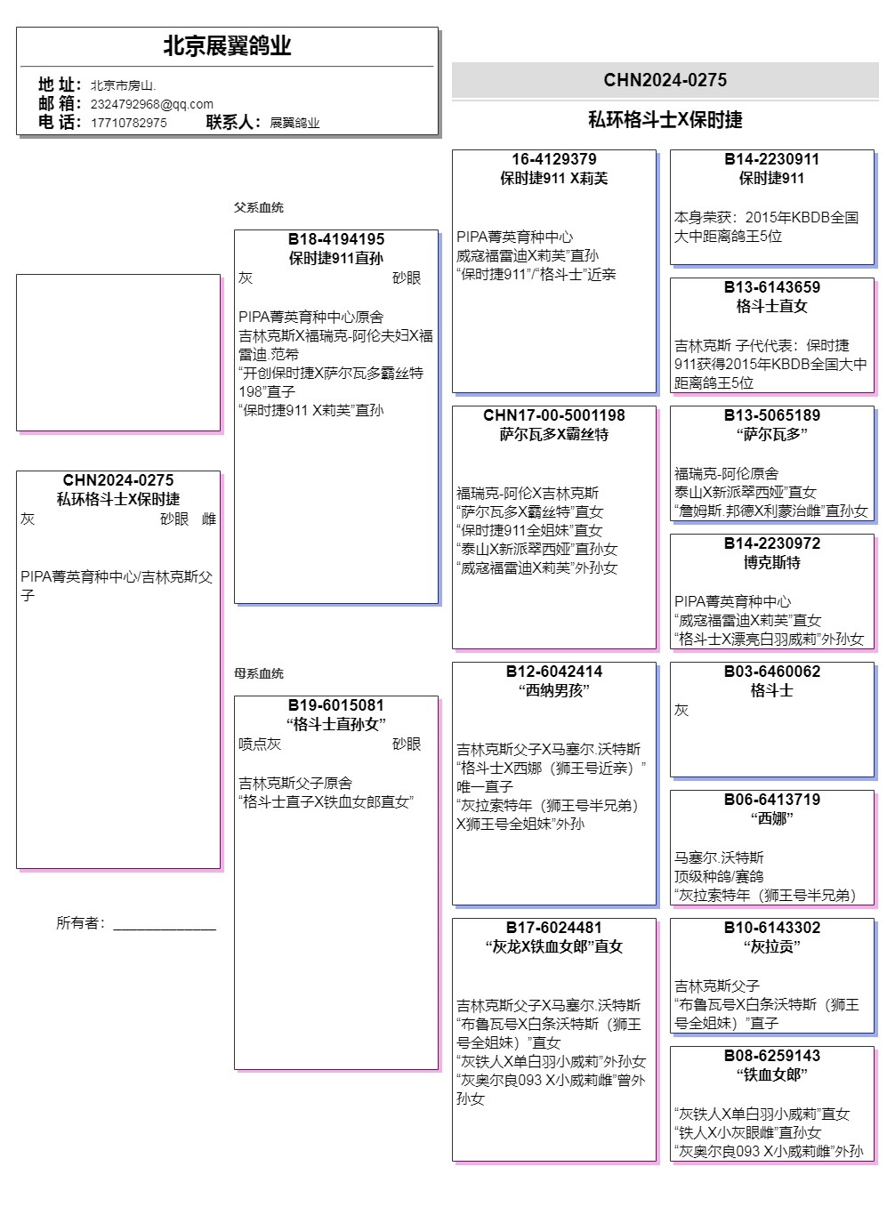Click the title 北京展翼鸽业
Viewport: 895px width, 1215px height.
point(227,46)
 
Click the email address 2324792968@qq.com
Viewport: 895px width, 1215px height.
point(152,104)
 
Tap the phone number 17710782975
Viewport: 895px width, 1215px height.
point(129,123)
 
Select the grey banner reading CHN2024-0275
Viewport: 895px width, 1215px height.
point(665,80)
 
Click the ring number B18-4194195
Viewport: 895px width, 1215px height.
point(336,239)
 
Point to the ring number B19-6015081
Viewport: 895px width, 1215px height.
point(336,705)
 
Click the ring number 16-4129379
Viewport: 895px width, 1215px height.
point(554,159)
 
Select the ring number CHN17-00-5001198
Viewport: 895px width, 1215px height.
point(554,415)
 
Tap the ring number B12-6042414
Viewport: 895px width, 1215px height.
point(554,672)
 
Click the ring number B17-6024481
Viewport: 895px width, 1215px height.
point(554,928)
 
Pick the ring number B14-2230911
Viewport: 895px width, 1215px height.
point(772,159)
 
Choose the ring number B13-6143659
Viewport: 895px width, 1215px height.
point(772,287)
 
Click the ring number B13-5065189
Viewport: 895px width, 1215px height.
point(772,415)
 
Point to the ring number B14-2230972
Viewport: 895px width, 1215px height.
point(772,543)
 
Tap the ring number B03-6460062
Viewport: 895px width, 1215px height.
point(772,672)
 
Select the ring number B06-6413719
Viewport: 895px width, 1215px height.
point(772,800)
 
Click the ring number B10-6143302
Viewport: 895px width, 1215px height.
point(772,928)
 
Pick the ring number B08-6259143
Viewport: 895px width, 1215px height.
point(772,1056)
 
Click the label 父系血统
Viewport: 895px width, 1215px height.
point(259,207)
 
